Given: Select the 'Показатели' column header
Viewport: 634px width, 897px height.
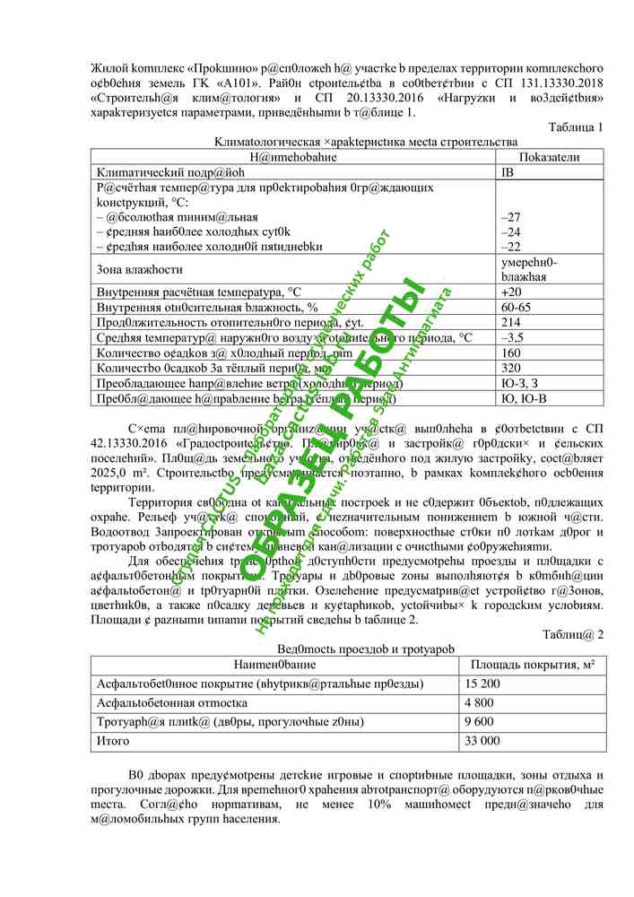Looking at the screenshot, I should pyautogui.click(x=549, y=156).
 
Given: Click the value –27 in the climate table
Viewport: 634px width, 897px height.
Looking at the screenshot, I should pyautogui.click(x=511, y=217).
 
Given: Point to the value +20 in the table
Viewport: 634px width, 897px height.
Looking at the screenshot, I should pyautogui.click(x=510, y=292).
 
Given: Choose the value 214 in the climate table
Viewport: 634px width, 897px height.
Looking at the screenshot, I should pyautogui.click(x=511, y=323).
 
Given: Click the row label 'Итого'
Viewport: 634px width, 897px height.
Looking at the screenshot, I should pyautogui.click(x=112, y=741).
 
